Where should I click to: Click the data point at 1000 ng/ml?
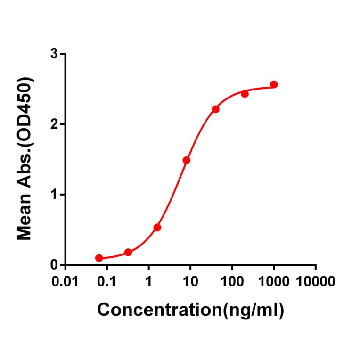coord(274,84)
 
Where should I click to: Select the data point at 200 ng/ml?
coord(245,94)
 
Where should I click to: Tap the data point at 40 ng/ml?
coord(215,109)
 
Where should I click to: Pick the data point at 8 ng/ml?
coord(186,160)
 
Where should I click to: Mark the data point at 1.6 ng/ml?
coord(157,228)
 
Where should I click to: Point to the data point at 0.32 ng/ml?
coord(128,253)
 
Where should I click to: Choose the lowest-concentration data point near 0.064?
coord(99,258)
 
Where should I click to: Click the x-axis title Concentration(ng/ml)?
coord(190,310)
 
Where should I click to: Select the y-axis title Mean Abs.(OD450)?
coord(25,159)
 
